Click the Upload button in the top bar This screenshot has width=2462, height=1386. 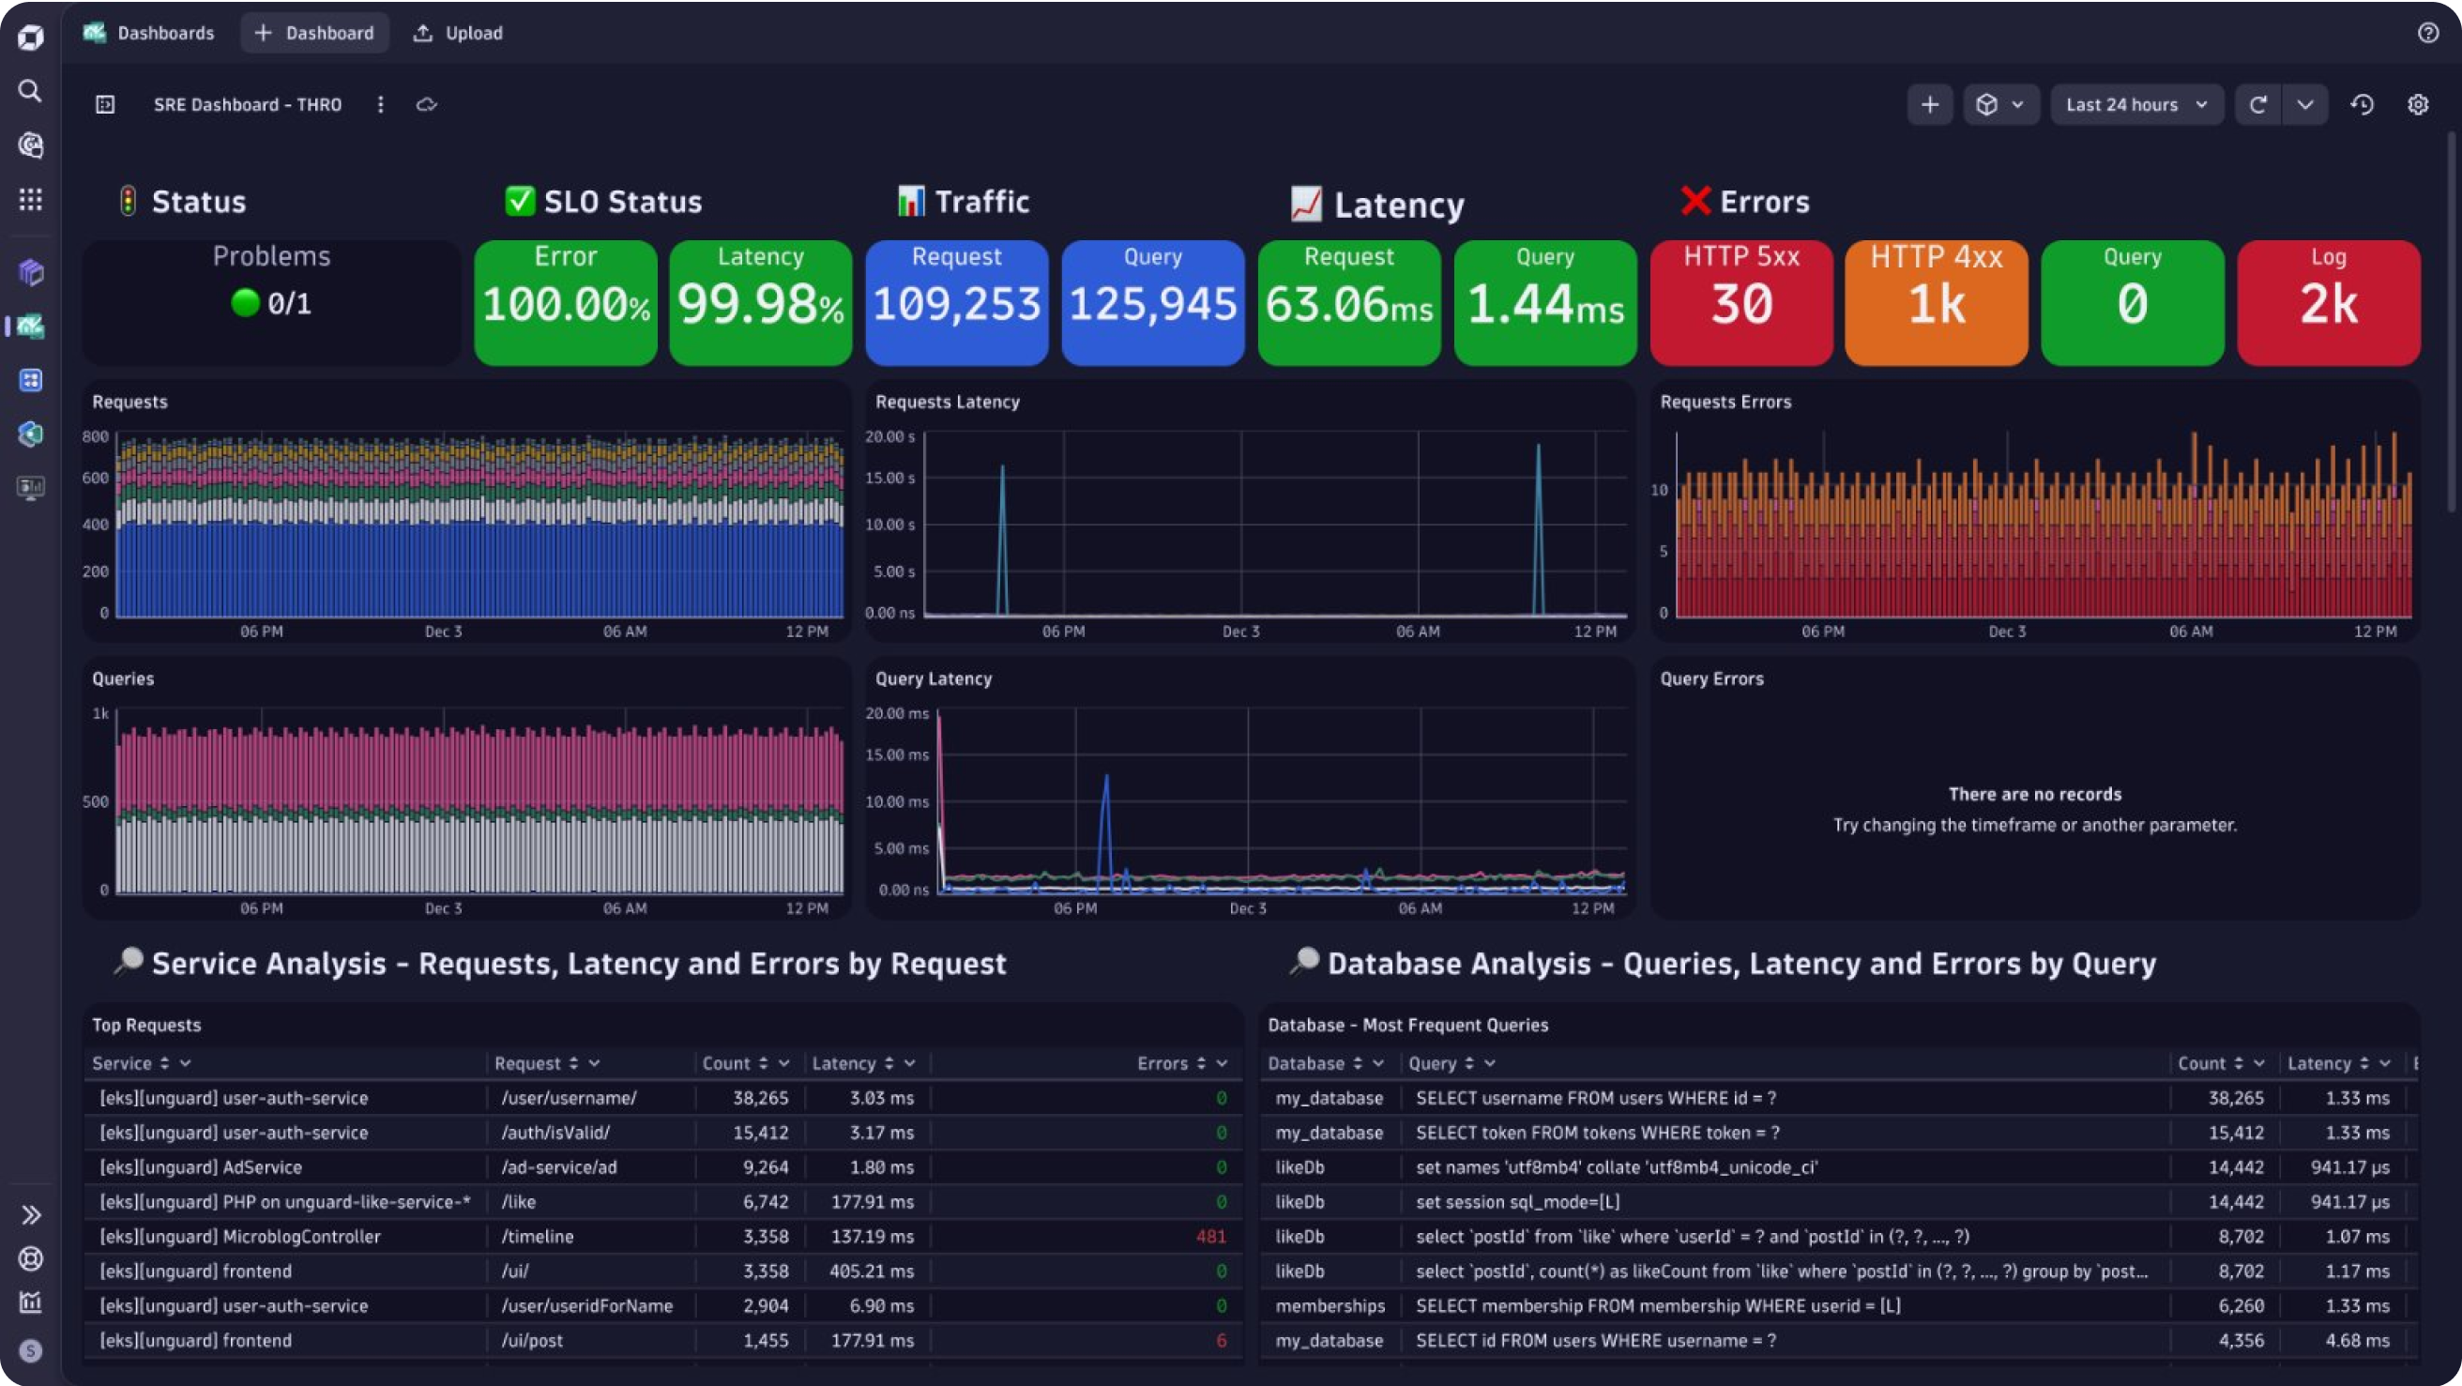458,33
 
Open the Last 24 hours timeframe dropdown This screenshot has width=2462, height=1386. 2136,104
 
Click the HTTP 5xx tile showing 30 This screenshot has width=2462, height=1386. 1740,302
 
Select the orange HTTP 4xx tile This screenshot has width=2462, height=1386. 1936,302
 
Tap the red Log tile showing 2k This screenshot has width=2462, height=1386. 2327,302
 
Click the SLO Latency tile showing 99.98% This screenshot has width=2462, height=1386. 760,302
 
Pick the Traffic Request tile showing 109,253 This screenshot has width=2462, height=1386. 956,302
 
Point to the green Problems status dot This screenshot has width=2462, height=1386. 246,303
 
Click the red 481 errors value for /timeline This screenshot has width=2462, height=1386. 1210,1236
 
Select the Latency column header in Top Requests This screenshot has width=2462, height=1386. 843,1063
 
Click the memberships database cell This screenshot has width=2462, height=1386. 1330,1305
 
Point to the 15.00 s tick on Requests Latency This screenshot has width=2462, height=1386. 889,478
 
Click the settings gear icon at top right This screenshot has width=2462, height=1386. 2417,104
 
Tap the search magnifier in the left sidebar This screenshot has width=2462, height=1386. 31,91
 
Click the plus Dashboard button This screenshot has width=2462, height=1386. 314,33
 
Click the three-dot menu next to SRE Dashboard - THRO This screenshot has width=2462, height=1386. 380,104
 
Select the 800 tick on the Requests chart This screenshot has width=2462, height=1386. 96,437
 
